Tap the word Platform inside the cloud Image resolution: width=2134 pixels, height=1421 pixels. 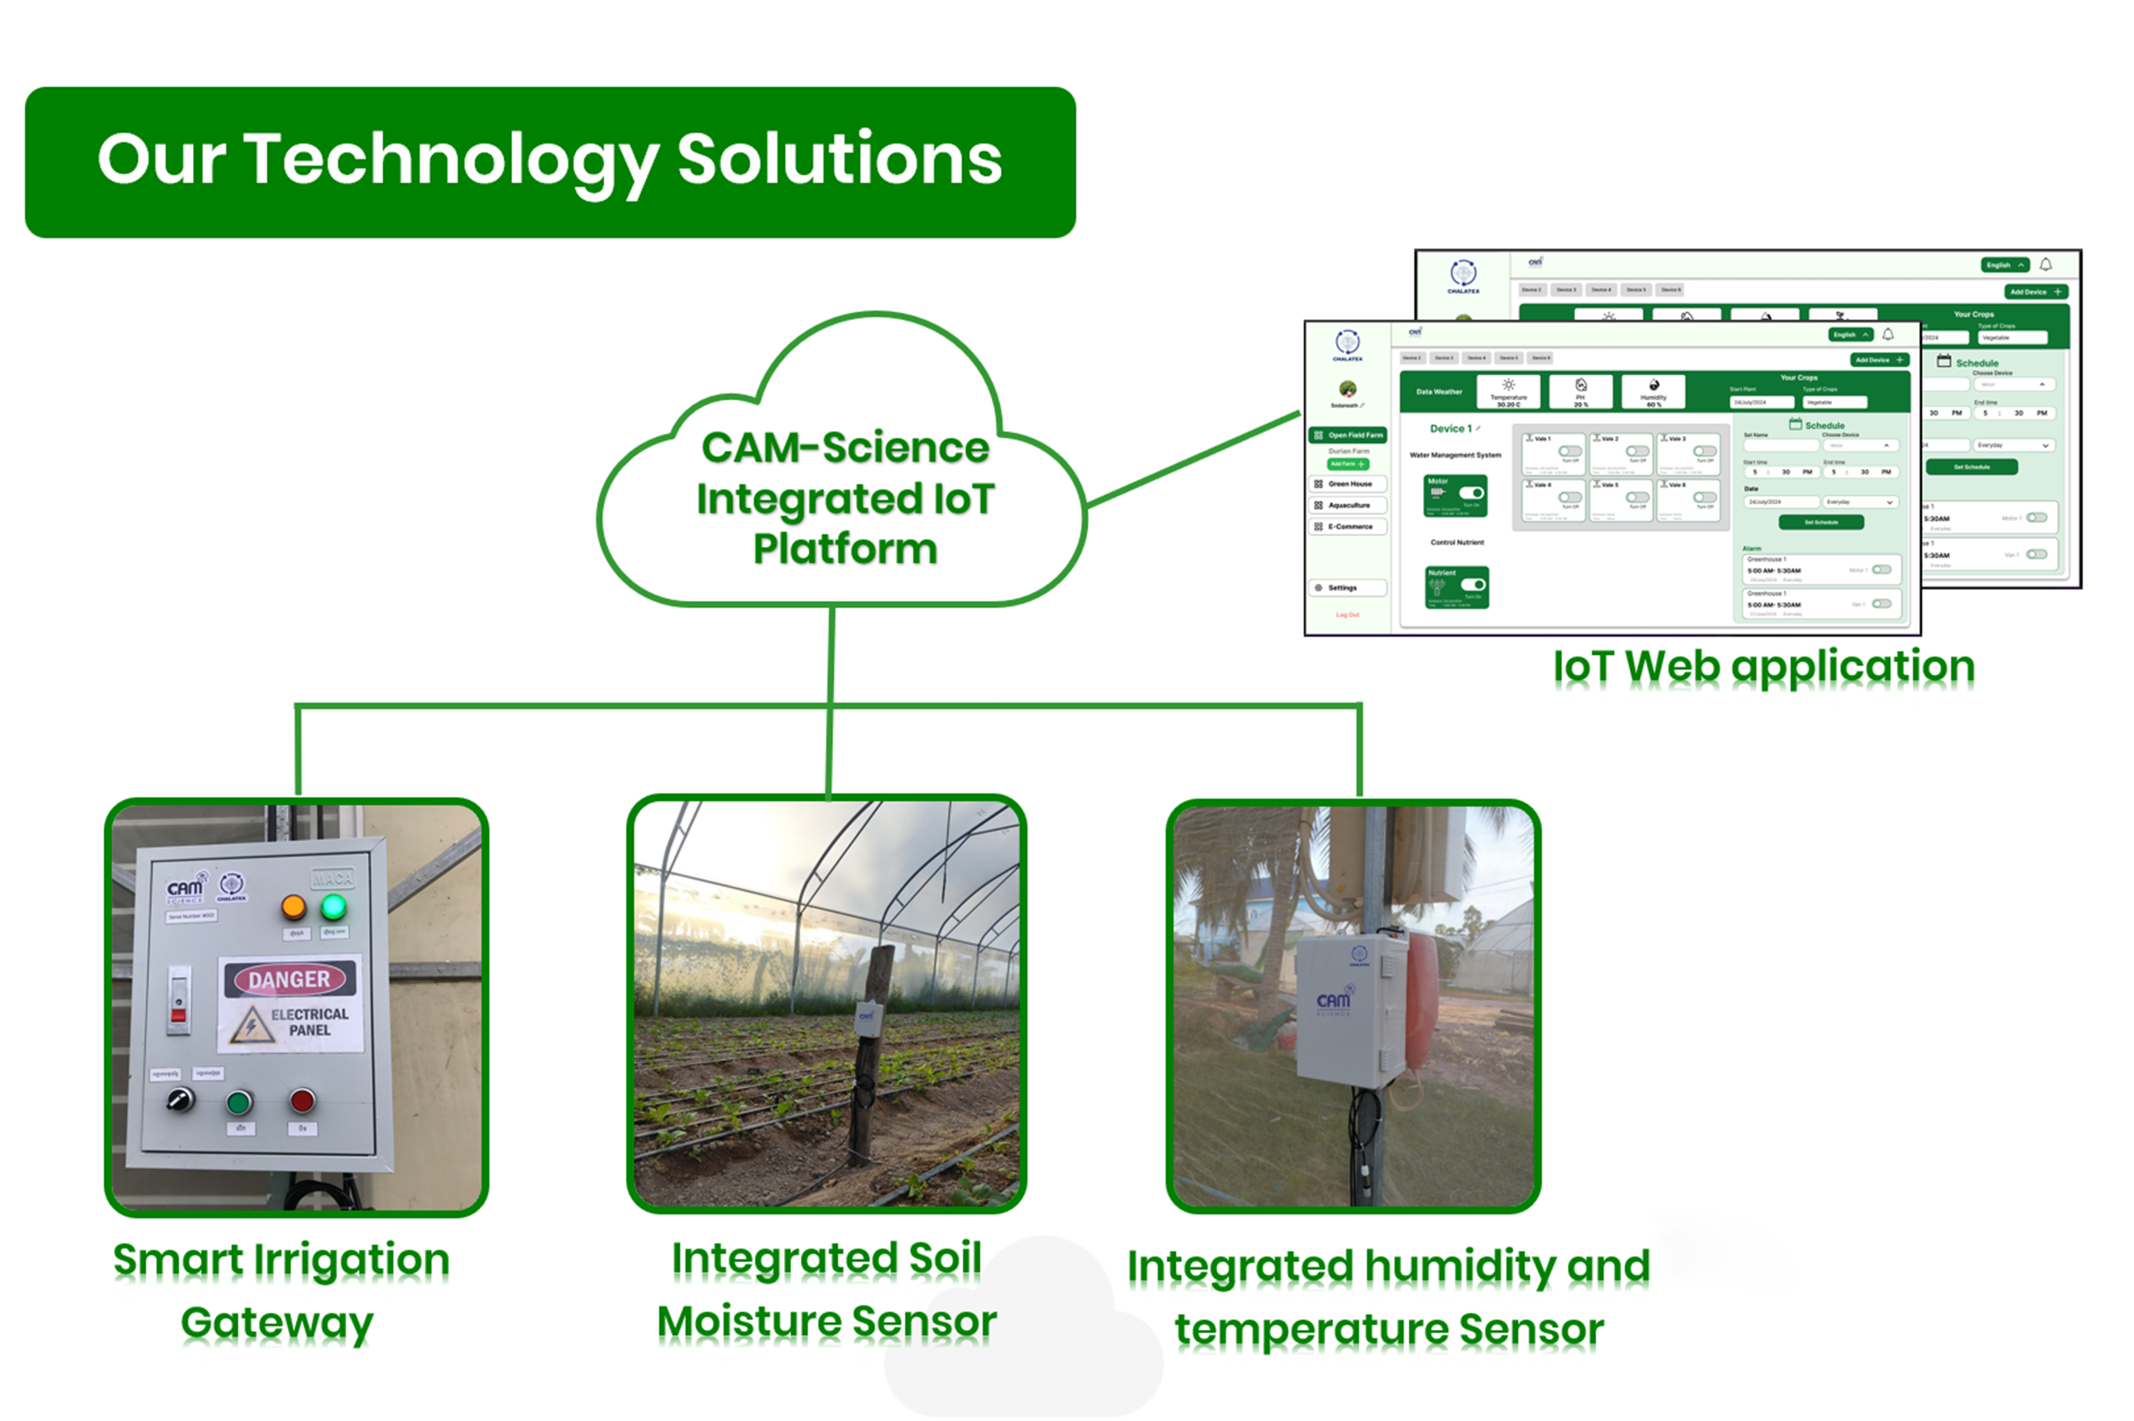845,548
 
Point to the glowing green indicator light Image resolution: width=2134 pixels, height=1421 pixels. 334,905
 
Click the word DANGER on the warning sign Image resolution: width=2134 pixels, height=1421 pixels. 289,979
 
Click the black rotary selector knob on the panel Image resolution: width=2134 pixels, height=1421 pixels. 180,1100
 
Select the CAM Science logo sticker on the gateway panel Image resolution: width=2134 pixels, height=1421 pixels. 186,890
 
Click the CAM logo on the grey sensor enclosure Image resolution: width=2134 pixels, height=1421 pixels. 1333,1001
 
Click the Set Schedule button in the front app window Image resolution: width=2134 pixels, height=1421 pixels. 1820,522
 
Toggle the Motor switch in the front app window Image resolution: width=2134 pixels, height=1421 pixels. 1471,493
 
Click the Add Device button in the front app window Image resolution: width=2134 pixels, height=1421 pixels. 1879,360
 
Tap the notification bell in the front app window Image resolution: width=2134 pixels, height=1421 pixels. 1887,334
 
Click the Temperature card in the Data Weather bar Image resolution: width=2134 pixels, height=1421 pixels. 1508,391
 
